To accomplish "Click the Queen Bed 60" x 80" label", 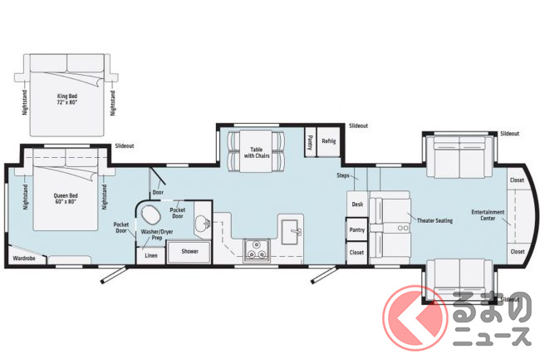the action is tap(66, 199).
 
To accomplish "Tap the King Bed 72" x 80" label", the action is tap(67, 99).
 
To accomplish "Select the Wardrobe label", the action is tap(24, 258).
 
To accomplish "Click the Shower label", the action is tap(189, 251).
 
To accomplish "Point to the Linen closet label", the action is tap(151, 255).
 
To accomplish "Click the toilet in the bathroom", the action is tap(151, 215).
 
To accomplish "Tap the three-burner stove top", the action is tap(257, 249).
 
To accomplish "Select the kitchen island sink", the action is tap(291, 231).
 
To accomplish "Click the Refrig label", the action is tap(328, 141).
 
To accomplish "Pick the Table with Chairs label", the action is tap(257, 153).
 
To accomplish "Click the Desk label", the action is tap(357, 205).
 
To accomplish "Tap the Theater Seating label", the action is tap(434, 220).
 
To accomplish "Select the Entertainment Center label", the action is tap(488, 215).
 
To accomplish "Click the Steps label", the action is tap(343, 175).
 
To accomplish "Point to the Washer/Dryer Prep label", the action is tap(157, 234).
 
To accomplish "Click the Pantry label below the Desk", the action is tap(356, 229).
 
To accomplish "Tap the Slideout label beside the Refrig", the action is tap(358, 126).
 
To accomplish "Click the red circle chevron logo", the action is tap(415, 318).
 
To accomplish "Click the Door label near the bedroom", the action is tap(158, 192).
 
